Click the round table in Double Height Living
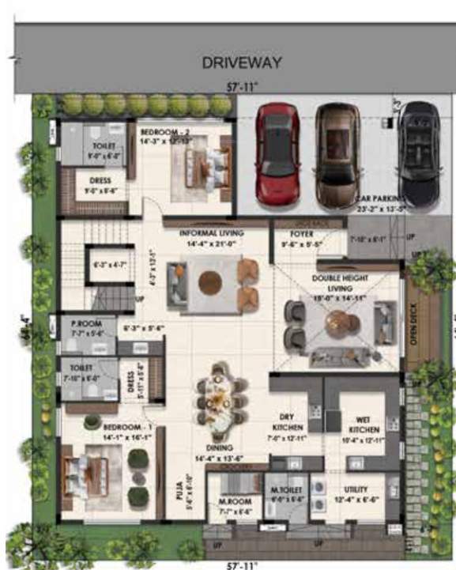pyautogui.click(x=339, y=321)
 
